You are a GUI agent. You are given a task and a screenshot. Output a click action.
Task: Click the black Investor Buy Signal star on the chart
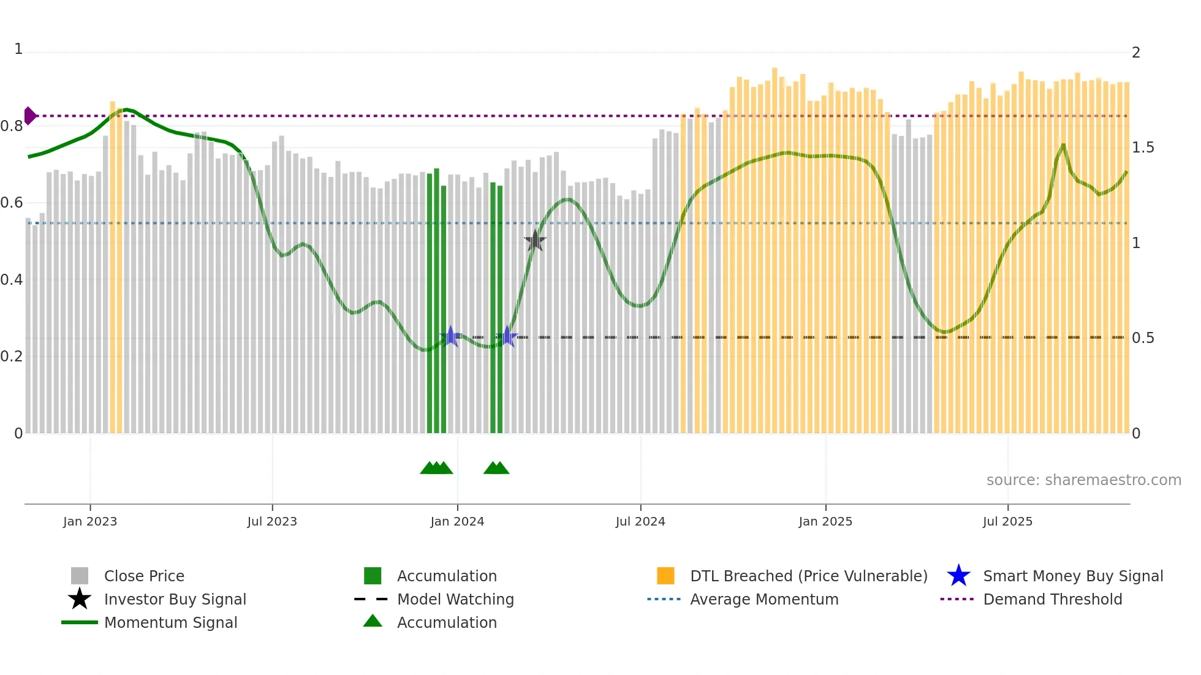pyautogui.click(x=535, y=241)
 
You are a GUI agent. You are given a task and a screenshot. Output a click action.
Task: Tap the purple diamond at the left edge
pyautogui.click(x=30, y=116)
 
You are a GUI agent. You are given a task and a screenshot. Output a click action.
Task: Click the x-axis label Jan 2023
pyautogui.click(x=90, y=522)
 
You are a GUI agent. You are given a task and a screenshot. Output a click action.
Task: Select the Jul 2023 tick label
pyautogui.click(x=272, y=522)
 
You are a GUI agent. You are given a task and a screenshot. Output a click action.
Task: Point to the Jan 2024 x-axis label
pyautogui.click(x=457, y=522)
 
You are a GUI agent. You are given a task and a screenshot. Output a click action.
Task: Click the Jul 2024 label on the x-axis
pyautogui.click(x=640, y=522)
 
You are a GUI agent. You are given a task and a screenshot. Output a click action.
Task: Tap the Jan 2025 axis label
pyautogui.click(x=825, y=522)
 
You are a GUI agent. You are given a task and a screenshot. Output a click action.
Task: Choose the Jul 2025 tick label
pyautogui.click(x=1007, y=522)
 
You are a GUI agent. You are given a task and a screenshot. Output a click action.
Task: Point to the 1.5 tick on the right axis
pyautogui.click(x=1143, y=148)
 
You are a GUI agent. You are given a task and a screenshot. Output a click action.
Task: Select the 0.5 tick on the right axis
pyautogui.click(x=1143, y=338)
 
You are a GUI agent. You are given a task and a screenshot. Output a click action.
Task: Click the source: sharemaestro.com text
pyautogui.click(x=1083, y=480)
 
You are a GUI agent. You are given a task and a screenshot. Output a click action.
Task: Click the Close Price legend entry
pyautogui.click(x=144, y=576)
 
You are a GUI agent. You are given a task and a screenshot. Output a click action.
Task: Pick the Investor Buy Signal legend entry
pyautogui.click(x=175, y=600)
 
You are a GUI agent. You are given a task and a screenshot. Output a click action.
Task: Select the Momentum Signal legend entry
pyautogui.click(x=170, y=623)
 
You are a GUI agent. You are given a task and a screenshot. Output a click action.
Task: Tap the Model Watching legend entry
pyautogui.click(x=455, y=600)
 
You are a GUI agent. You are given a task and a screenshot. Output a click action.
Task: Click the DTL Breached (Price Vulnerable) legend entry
pyautogui.click(x=808, y=576)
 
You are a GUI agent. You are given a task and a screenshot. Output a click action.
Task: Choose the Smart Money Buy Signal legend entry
pyautogui.click(x=1073, y=576)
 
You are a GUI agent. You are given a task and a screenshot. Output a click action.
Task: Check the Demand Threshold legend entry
pyautogui.click(x=1052, y=600)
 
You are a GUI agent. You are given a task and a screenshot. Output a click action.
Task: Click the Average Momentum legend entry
pyautogui.click(x=764, y=600)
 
